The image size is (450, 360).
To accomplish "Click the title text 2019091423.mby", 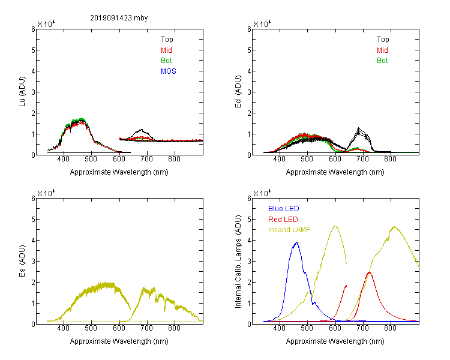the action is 119,18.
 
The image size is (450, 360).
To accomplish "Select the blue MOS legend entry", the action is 169,71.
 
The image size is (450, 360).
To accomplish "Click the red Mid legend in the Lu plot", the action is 166,50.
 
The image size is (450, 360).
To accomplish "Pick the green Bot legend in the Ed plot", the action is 382,61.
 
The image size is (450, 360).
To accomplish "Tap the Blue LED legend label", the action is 284,209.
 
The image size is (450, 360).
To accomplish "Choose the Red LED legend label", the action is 283,220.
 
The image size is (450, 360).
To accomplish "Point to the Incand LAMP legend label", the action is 289,230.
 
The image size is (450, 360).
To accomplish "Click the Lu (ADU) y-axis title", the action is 22,92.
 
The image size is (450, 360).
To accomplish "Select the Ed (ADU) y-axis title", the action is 238,92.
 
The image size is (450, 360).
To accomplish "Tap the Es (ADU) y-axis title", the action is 22,261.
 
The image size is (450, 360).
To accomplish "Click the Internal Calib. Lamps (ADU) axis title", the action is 238,262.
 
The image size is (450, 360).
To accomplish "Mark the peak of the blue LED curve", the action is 297,242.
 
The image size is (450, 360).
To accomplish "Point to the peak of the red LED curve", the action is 370,272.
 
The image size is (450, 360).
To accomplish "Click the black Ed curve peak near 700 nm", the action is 358,128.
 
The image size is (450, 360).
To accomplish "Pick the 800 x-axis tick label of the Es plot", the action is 174,328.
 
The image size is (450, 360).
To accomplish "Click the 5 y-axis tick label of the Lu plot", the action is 33,50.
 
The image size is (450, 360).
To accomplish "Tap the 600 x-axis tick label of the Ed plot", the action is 335,159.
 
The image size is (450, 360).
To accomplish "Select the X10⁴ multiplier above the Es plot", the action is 46,193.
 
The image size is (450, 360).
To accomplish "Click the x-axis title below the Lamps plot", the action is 335,341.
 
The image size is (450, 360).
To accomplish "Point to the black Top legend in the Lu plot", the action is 167,40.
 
